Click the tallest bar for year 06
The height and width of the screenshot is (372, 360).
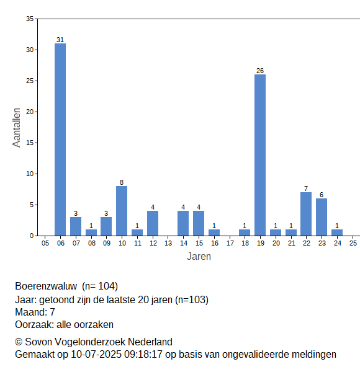point(60,139)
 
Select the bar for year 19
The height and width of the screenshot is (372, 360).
point(260,155)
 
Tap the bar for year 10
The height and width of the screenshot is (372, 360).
point(122,211)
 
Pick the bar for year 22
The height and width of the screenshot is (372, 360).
point(306,214)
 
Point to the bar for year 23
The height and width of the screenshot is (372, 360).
point(322,217)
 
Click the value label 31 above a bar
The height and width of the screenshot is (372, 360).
point(60,40)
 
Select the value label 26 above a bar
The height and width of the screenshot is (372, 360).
point(260,71)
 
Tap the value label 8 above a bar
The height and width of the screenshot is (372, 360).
point(122,182)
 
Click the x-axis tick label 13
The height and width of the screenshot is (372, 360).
point(168,243)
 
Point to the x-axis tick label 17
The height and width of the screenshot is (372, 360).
point(230,243)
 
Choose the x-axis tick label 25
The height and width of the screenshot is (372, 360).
point(353,243)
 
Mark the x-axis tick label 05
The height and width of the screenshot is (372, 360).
point(45,243)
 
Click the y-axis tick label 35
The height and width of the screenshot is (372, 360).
point(30,19)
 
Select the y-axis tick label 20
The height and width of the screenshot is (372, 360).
point(30,112)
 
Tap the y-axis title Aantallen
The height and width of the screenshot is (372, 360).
point(17,128)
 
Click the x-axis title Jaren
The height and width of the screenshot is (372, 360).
point(199,257)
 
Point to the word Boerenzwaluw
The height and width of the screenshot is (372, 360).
point(46,286)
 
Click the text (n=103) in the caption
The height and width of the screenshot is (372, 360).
point(192,300)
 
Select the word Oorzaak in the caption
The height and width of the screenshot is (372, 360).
point(35,324)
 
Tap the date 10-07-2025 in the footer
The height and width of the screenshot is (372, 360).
point(96,355)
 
